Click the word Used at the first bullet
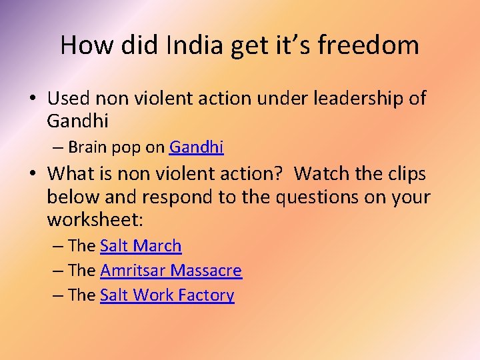pyautogui.click(x=69, y=99)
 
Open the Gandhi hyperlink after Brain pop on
pyautogui.click(x=197, y=147)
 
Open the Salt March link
pyautogui.click(x=141, y=246)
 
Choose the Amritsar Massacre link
pyautogui.click(x=171, y=271)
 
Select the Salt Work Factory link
pyautogui.click(x=167, y=295)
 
